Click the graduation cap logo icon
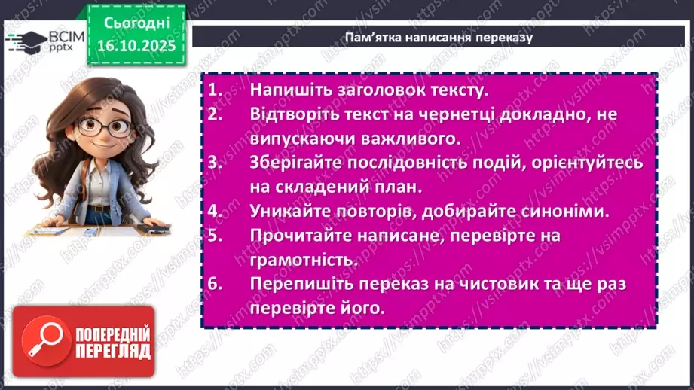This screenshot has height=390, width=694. tap(25, 38)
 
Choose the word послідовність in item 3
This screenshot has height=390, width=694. tap(395, 163)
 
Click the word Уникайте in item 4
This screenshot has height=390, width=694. tap(289, 212)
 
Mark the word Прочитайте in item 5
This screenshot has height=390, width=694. tap(298, 236)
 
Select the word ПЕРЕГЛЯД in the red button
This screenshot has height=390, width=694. tap(113, 351)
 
